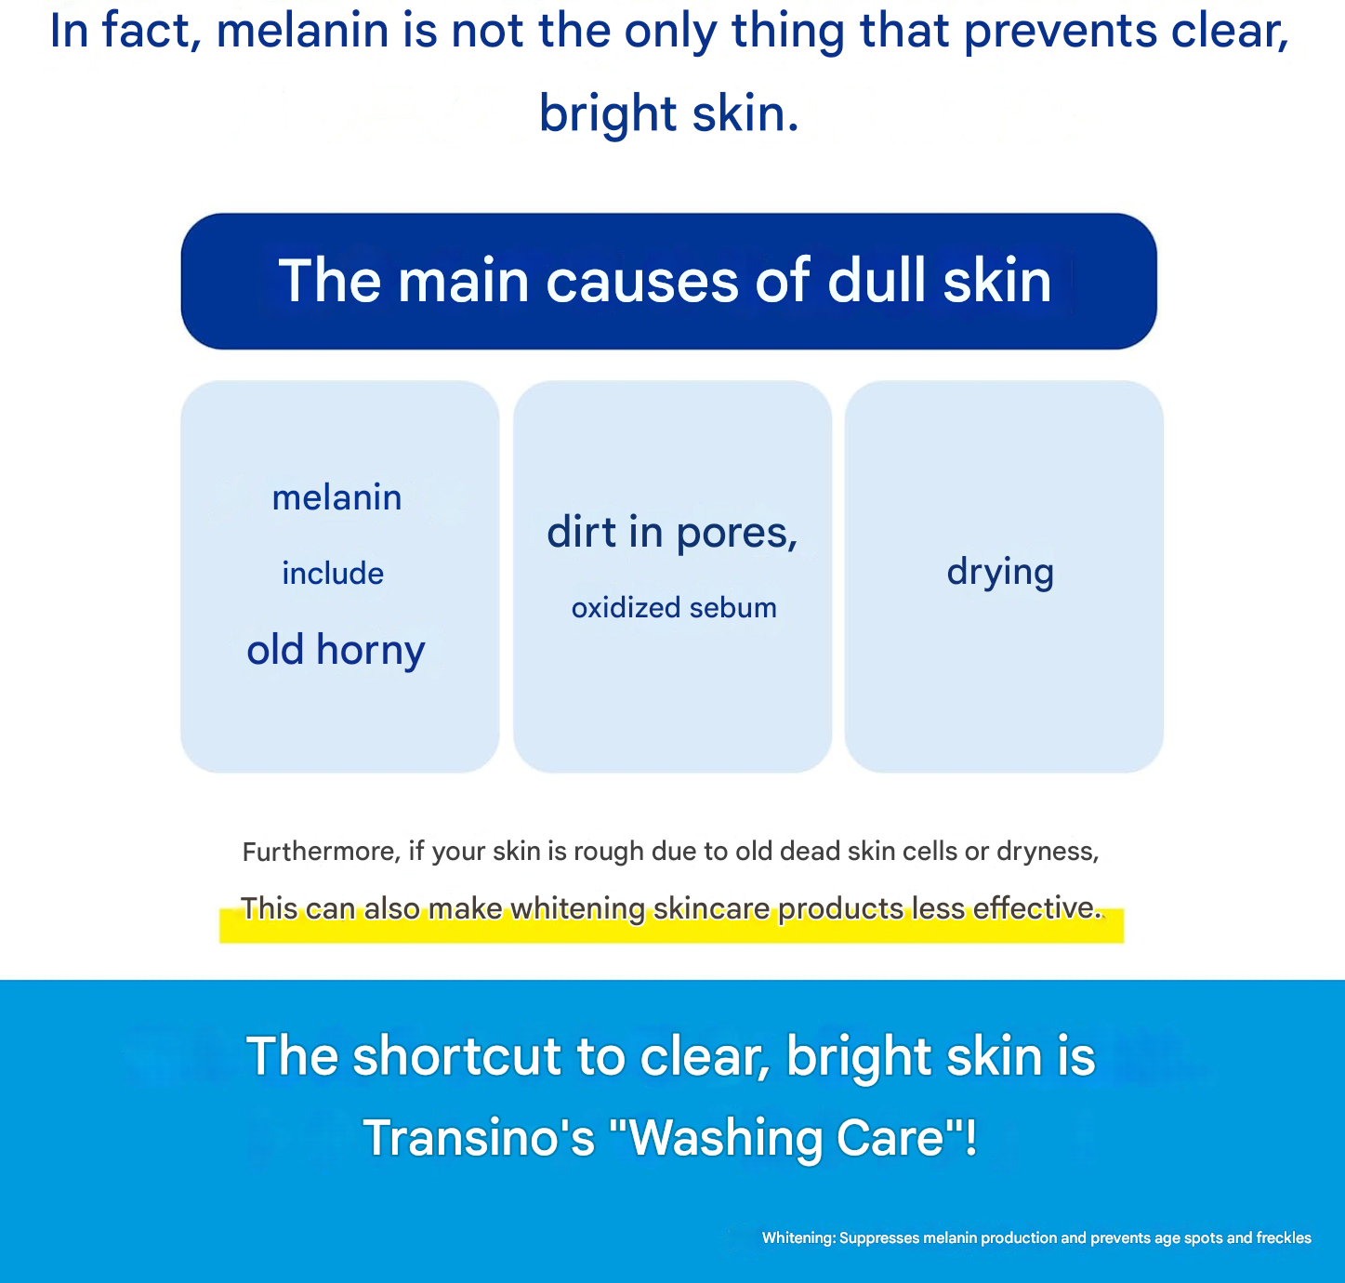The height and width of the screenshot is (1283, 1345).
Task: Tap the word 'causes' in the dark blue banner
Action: click(641, 281)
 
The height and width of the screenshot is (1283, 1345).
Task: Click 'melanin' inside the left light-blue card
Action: click(336, 496)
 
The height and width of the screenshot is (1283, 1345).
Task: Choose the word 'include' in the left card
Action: click(333, 573)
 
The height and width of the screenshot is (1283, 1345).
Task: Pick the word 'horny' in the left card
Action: click(370, 650)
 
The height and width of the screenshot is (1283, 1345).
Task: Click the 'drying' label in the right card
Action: click(1000, 572)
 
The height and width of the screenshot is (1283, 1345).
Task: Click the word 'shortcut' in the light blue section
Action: click(457, 1056)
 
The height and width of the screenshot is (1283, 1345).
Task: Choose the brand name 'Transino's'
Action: click(478, 1137)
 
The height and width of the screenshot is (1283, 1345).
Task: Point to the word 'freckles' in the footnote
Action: click(1284, 1237)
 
